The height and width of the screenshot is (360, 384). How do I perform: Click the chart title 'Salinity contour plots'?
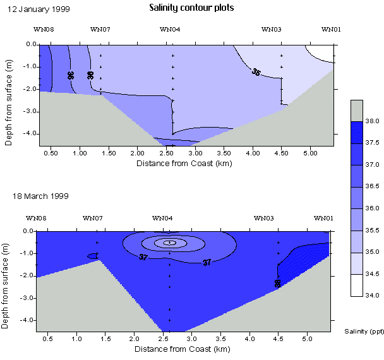[x=191, y=8]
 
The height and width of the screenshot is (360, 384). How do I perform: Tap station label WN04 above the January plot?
[x=170, y=29]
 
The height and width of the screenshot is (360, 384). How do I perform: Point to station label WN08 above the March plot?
[x=35, y=218]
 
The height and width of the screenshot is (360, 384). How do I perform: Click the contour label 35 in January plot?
[x=256, y=73]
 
